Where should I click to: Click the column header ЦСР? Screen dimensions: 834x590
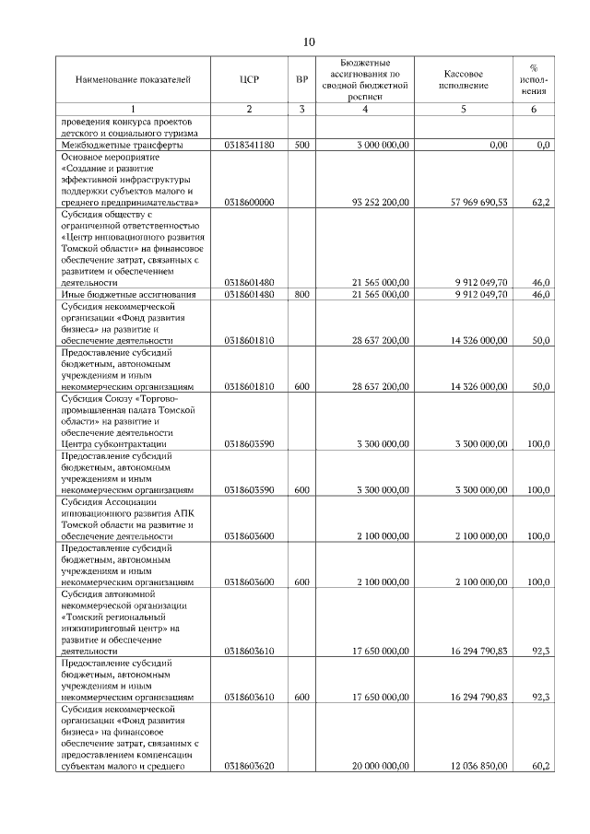[x=249, y=80]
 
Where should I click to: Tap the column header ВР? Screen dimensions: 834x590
[x=301, y=80]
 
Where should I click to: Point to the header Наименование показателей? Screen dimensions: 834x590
[x=133, y=80]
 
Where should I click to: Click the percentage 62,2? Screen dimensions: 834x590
[x=541, y=200]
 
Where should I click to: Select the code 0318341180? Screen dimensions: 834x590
[x=249, y=146]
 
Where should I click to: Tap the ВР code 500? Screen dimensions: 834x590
[x=301, y=146]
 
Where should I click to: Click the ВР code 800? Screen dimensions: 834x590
[x=301, y=295]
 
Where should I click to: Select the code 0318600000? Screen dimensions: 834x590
[x=249, y=200]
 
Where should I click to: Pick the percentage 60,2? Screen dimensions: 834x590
[x=541, y=765]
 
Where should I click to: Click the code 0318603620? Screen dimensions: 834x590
[x=249, y=765]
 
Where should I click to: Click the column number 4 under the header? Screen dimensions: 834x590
[x=366, y=110]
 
